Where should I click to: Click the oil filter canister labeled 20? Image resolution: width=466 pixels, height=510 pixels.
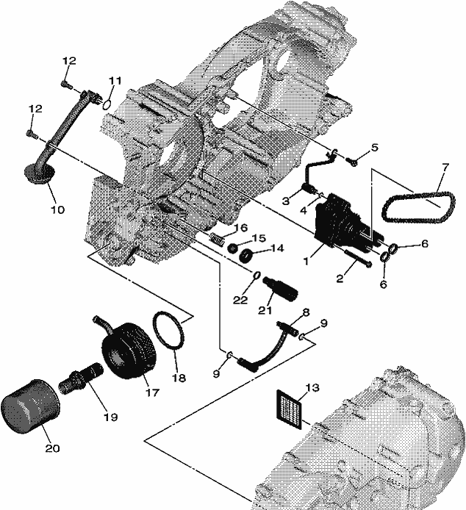point(30,406)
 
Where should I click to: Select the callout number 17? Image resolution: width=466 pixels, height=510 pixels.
point(151,392)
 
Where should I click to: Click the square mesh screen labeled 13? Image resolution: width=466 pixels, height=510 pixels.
point(289,409)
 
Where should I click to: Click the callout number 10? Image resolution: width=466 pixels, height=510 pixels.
point(57,209)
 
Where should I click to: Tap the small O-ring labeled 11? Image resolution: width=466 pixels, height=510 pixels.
point(107,105)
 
